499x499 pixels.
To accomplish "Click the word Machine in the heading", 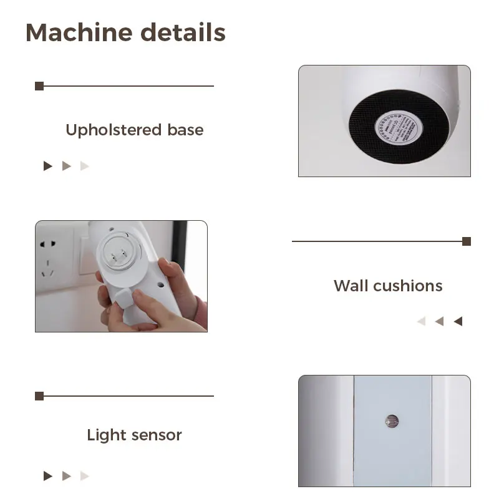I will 78,32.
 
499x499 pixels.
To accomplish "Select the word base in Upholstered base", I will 185,130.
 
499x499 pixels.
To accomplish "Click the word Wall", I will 351,286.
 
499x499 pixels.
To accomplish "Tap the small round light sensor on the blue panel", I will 391,420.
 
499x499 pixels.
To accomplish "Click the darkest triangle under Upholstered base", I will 48,166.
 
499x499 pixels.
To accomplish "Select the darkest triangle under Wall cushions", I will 458,321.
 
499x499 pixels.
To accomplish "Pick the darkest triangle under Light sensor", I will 48,476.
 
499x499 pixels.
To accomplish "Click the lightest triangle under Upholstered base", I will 85,166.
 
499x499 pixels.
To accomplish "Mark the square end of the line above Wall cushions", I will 467,241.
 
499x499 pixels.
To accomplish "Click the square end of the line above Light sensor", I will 39,396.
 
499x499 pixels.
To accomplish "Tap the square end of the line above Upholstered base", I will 39,86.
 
